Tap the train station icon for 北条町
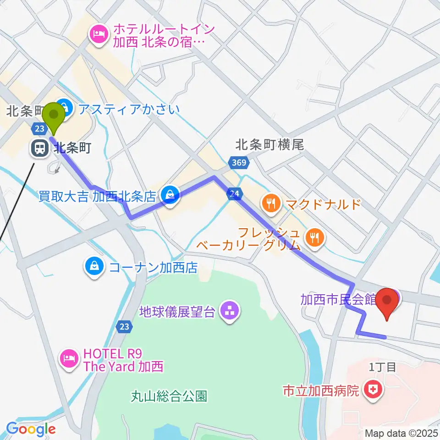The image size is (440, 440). [39, 148]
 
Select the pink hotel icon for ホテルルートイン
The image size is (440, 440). [98, 33]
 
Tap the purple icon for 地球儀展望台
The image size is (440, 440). [228, 312]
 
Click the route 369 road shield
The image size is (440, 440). [238, 163]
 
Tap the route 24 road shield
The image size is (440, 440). [234, 194]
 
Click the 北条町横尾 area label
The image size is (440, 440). [269, 145]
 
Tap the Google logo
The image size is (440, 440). [31, 429]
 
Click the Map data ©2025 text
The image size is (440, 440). [401, 433]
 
